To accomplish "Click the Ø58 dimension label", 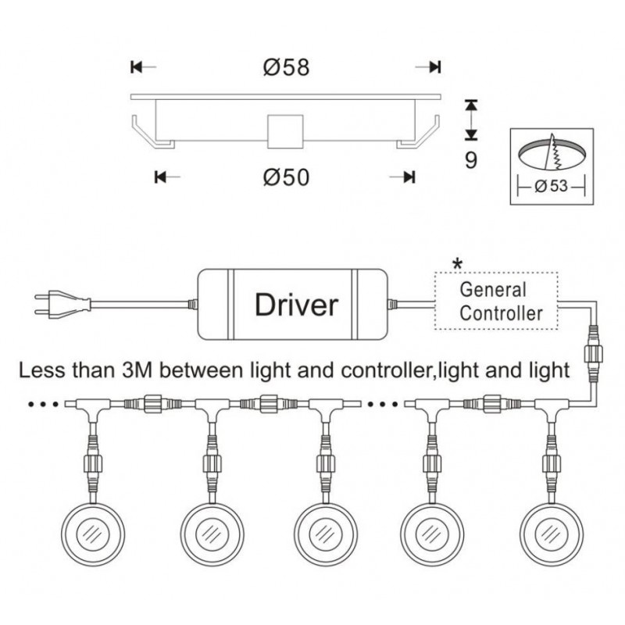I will tap(287, 67).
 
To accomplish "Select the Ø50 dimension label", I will tap(287, 177).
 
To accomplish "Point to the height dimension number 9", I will tap(470, 160).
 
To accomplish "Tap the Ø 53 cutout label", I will tap(552, 187).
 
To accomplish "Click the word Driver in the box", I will tap(296, 304).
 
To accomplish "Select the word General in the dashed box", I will tap(492, 290).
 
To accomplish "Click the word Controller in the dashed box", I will tap(501, 314).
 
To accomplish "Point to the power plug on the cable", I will tap(46, 303).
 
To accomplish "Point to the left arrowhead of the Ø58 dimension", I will tap(136, 67).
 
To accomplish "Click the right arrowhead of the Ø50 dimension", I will tap(409, 177).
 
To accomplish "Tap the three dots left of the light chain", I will tap(40, 405).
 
